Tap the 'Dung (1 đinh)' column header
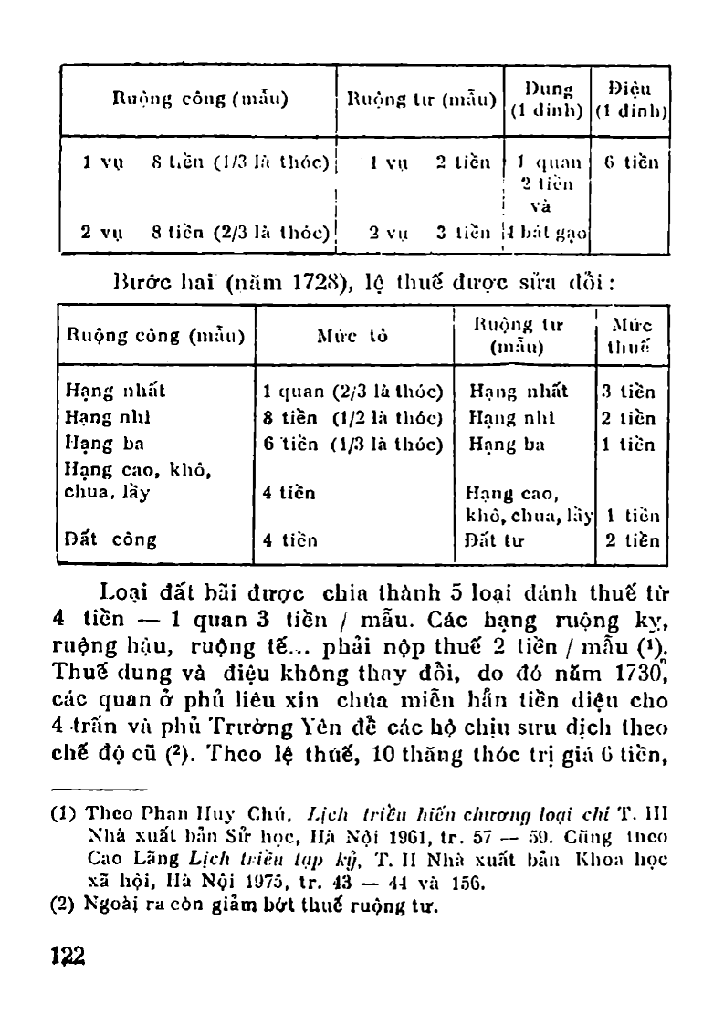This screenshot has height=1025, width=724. click(x=548, y=99)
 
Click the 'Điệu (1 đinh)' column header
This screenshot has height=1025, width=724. click(x=631, y=99)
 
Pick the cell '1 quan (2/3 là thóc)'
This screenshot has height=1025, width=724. click(x=352, y=392)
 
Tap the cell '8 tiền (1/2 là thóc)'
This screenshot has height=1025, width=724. click(x=352, y=419)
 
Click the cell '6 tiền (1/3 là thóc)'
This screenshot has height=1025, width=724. click(x=352, y=445)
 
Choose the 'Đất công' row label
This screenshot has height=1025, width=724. click(x=110, y=539)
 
